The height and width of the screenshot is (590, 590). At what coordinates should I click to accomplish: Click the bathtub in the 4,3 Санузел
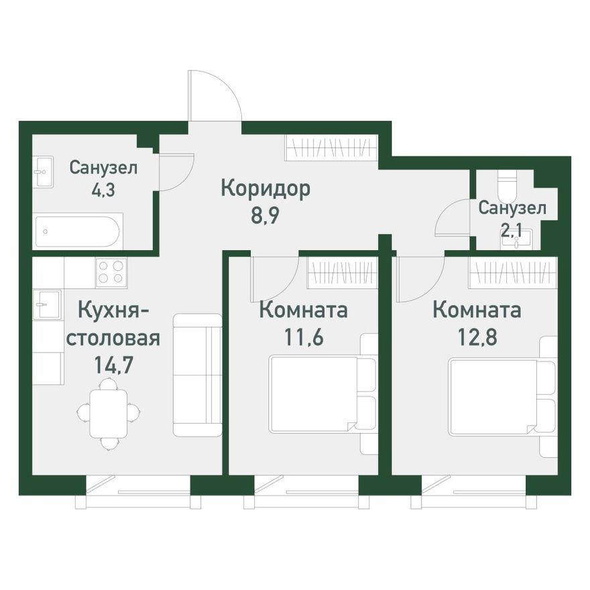point(77,232)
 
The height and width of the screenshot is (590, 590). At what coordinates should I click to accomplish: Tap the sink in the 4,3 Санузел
point(44,172)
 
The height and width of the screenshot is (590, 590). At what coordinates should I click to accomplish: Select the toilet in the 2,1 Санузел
point(507,187)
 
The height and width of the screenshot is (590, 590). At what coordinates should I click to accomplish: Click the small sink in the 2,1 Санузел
point(522,239)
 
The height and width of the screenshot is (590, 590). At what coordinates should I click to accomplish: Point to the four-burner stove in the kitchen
point(111,272)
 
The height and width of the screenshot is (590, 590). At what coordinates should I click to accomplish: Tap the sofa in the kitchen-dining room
point(197,375)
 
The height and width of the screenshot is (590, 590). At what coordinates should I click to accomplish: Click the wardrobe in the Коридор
point(331,147)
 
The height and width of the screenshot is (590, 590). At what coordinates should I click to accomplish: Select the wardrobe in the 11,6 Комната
point(342,272)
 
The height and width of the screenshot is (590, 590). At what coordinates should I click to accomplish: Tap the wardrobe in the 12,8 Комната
point(513,272)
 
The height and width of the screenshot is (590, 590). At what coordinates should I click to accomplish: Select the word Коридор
point(265,189)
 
